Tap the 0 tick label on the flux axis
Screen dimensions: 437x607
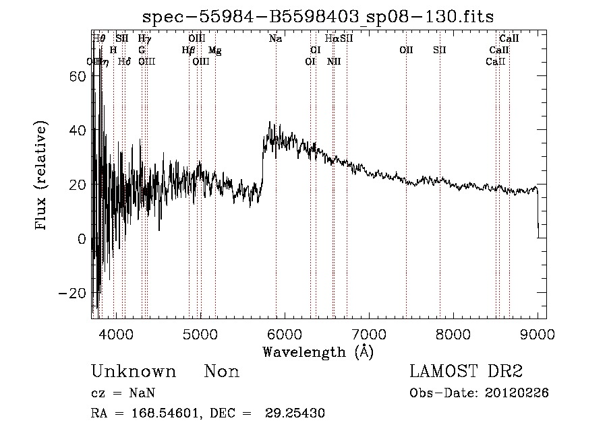(x=81, y=238)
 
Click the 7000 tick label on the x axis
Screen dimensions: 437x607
(x=369, y=334)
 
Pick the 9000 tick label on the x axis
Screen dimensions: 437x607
(x=538, y=334)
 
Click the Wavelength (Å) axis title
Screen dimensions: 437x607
(x=318, y=351)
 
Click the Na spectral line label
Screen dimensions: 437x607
(x=275, y=39)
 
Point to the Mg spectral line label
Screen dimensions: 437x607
(x=214, y=51)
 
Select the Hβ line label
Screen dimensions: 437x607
(x=189, y=51)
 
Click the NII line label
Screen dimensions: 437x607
(x=334, y=61)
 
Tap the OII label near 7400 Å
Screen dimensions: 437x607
(x=406, y=51)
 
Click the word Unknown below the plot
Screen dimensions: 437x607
(x=134, y=372)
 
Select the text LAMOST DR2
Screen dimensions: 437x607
(x=465, y=372)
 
